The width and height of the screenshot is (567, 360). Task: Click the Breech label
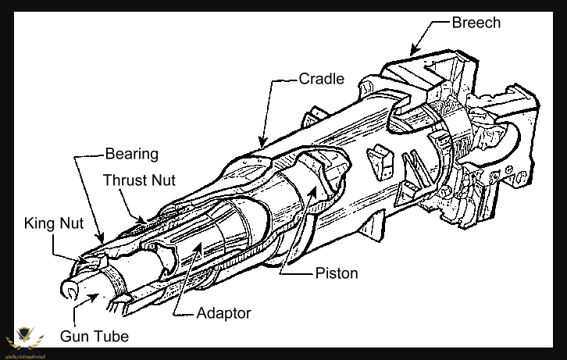tap(476, 22)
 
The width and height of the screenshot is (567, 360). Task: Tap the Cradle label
tap(321, 79)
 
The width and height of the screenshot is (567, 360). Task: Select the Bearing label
tap(132, 154)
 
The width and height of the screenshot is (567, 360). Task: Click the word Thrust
tap(123, 180)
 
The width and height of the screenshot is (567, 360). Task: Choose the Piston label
tap(337, 273)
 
